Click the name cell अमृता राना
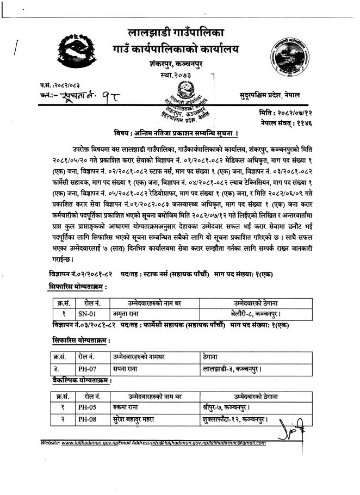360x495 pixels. (x=126, y=313)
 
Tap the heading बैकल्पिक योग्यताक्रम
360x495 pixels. (x=78, y=381)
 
